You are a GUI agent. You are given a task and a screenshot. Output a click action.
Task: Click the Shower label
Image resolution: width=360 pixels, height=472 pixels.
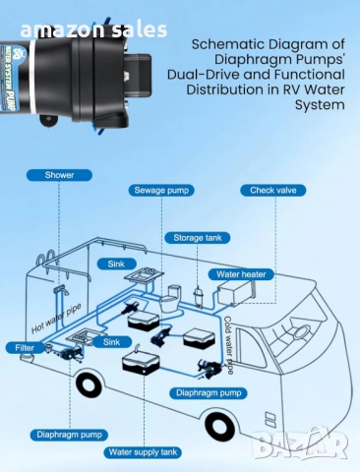click(58, 175)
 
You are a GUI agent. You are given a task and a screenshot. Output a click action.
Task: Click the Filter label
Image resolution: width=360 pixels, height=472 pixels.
click(25, 347)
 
